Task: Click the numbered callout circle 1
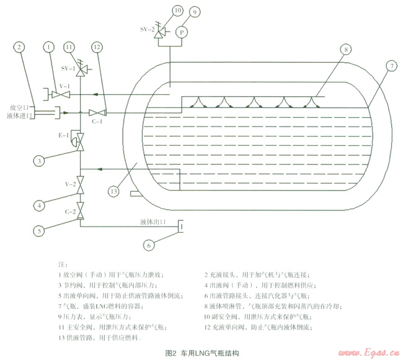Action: coord(48,47)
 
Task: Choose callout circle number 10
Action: coord(160,11)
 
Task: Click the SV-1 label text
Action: coord(67,66)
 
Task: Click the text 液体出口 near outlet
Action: coord(154,220)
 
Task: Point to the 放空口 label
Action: coord(20,107)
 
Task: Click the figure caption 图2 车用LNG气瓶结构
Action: coord(201,352)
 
